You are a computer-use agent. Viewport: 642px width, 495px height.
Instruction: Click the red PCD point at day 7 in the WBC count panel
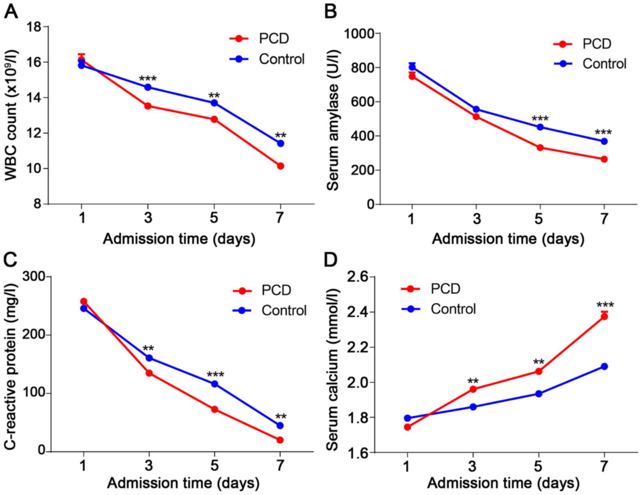click(280, 166)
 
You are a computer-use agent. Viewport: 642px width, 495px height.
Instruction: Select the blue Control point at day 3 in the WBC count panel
click(148, 87)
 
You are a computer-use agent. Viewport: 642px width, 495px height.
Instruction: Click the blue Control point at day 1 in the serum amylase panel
click(412, 67)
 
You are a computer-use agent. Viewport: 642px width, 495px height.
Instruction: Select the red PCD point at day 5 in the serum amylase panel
click(540, 148)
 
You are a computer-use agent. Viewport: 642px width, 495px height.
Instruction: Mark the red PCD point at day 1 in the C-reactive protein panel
click(84, 301)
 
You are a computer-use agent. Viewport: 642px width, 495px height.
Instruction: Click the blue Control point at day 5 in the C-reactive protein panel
click(215, 384)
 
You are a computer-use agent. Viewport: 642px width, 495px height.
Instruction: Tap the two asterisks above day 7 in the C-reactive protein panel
click(281, 417)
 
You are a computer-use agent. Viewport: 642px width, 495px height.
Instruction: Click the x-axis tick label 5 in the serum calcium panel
click(538, 467)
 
